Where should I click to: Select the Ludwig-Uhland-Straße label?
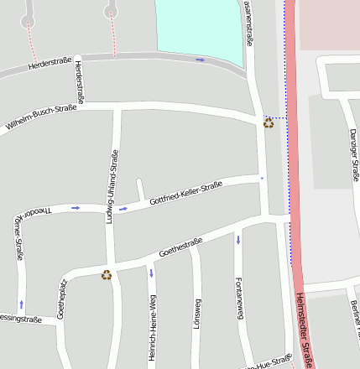click(x=111, y=185)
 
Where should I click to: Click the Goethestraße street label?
click(x=180, y=248)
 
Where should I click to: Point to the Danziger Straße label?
click(x=353, y=155)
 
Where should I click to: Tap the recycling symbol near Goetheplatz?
click(x=107, y=274)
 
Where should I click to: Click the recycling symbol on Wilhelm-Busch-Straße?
click(x=269, y=123)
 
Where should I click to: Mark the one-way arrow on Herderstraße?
click(x=200, y=60)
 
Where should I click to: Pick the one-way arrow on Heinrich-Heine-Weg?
click(x=151, y=273)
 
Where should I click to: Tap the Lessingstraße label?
click(x=20, y=320)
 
